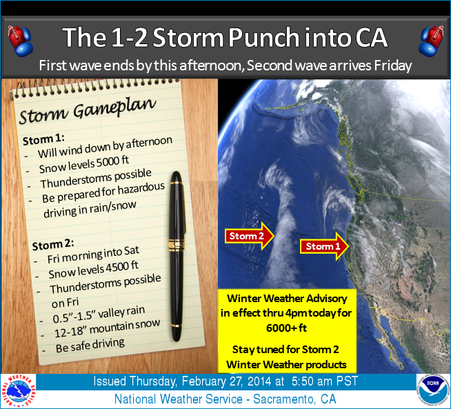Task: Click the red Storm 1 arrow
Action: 324,246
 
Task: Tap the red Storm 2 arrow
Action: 249,236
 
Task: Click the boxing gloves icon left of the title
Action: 20,40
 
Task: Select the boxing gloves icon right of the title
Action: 431,40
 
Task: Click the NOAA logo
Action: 432,390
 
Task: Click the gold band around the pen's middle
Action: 177,245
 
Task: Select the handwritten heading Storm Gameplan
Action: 88,111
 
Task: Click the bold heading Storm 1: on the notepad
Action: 43,139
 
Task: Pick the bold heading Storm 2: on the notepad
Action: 53,245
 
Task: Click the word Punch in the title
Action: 264,37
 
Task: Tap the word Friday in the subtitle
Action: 393,66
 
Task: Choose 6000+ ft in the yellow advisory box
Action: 286,328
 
